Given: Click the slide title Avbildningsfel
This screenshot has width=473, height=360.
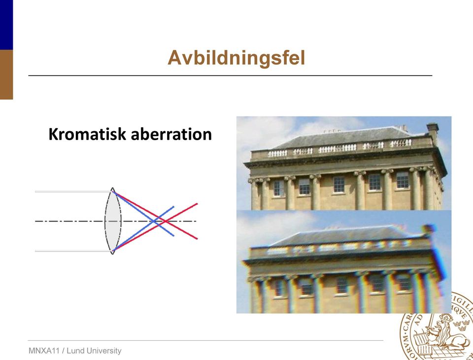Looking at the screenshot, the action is coord(236,58).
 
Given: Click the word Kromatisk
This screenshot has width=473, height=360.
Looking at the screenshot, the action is coord(87,134).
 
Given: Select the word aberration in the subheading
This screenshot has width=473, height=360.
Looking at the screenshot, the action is coord(171,134).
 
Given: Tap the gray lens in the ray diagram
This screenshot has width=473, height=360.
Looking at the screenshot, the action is coord(113,221).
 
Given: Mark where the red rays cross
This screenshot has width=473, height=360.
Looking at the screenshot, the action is coord(165,221).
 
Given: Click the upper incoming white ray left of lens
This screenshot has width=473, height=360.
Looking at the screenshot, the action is coord(73,191).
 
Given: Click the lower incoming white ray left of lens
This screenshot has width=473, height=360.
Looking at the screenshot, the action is coord(73,251).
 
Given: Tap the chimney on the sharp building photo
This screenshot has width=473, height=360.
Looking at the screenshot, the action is coord(433,133).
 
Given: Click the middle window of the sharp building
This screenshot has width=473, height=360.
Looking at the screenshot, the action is coord(339,184).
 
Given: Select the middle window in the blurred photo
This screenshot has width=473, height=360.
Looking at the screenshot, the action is coord(342,285).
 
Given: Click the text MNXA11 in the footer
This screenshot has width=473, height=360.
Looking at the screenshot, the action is coord(44,351).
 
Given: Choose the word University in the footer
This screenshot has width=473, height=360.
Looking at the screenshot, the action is coord(103,351).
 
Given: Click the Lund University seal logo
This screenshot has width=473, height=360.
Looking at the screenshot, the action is coord(437,326).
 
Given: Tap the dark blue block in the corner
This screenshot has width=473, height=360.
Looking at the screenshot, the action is coord(6,25).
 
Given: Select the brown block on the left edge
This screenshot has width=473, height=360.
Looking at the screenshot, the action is coord(6,74).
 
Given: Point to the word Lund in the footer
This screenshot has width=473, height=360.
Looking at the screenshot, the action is coord(74,351).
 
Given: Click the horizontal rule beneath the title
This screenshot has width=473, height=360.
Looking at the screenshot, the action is coord(230,75).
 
